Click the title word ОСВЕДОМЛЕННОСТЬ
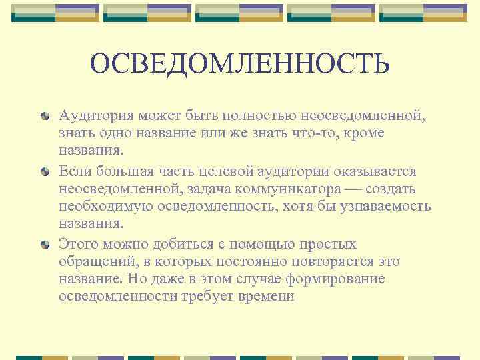(x=239, y=65)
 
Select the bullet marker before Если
(x=45, y=172)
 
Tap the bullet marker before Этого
(x=45, y=245)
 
